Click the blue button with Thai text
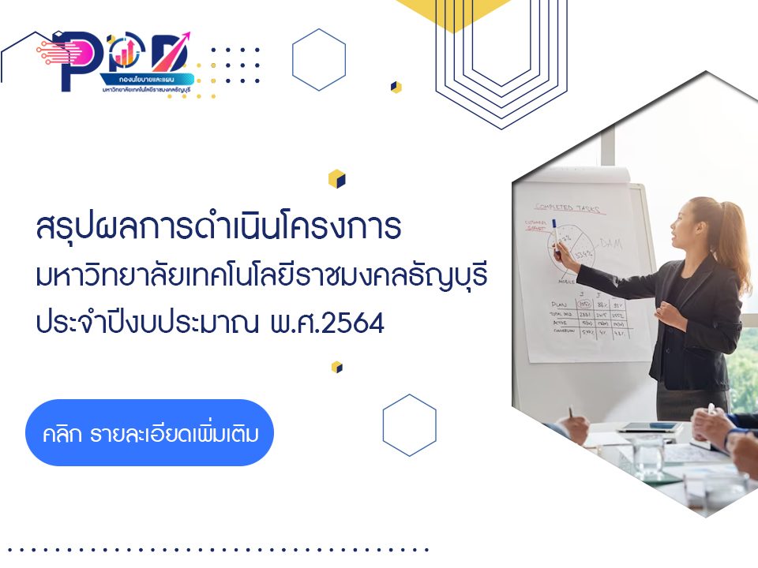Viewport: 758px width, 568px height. [x=149, y=432]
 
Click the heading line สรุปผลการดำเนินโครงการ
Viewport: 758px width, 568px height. [x=220, y=228]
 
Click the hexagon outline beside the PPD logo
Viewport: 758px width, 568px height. [x=319, y=60]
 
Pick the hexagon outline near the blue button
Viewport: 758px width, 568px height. [x=409, y=425]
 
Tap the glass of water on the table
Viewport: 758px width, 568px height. [x=648, y=458]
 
